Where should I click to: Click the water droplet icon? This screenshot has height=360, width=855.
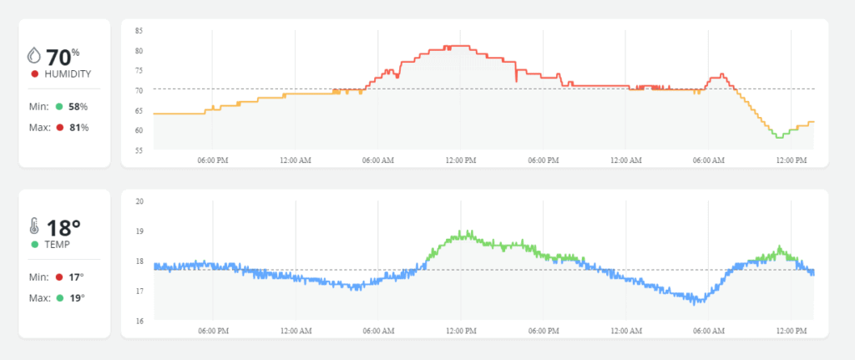click(34, 56)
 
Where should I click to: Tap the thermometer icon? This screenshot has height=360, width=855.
click(34, 226)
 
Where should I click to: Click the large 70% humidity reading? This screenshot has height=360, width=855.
click(63, 57)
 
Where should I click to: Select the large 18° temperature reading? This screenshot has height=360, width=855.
click(63, 227)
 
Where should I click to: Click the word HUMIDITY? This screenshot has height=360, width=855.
click(67, 74)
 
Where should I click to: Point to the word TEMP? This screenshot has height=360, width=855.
click(58, 245)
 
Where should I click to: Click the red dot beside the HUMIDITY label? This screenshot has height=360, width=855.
click(34, 74)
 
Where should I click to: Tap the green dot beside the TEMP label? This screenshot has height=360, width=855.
click(34, 245)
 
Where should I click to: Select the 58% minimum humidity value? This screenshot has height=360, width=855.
click(78, 107)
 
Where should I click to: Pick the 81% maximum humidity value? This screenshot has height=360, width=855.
click(78, 127)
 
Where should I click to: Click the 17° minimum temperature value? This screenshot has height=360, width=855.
click(76, 277)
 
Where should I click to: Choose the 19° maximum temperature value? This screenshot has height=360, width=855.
click(76, 297)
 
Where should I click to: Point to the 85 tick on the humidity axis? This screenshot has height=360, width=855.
click(139, 31)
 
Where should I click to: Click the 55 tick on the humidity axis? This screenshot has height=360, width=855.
click(139, 150)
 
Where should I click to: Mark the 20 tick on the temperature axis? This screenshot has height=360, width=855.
click(139, 201)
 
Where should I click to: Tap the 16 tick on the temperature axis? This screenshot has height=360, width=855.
click(139, 321)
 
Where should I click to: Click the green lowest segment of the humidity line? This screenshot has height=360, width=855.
click(779, 135)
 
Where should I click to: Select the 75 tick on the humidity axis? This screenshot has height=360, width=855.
click(139, 70)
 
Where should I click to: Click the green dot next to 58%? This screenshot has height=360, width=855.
click(59, 107)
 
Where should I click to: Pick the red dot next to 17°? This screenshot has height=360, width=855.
click(59, 277)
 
